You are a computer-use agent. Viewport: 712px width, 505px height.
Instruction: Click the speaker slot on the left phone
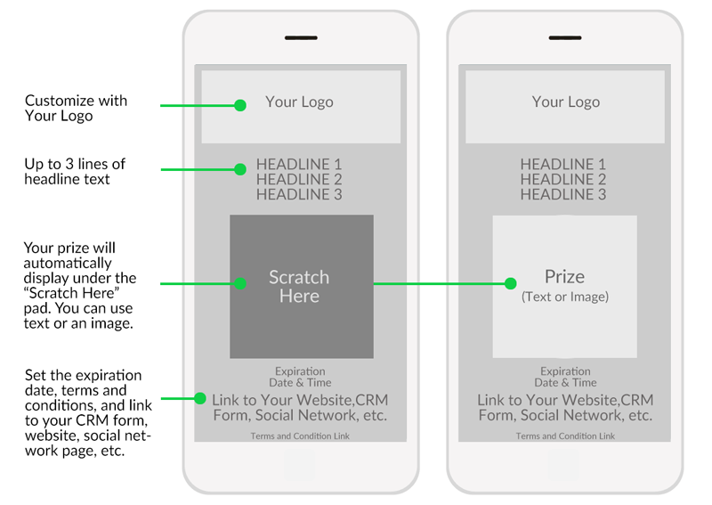click(301, 37)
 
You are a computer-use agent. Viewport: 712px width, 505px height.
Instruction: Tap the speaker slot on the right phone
click(565, 37)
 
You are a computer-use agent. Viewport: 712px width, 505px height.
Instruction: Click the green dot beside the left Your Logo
click(240, 105)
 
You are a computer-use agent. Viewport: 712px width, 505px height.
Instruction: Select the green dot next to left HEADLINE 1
click(240, 169)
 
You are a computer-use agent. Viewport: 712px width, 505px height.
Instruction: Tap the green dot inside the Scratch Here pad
click(240, 283)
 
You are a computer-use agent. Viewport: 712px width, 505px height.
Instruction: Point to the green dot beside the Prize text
click(510, 283)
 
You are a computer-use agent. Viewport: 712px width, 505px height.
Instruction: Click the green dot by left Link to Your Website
click(199, 399)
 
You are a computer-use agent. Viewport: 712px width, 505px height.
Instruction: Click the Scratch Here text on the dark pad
click(299, 287)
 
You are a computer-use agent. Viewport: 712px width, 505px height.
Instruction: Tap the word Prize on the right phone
click(565, 276)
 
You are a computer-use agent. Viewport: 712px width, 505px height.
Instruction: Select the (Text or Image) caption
click(565, 297)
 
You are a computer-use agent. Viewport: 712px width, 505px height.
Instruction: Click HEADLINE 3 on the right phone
click(563, 194)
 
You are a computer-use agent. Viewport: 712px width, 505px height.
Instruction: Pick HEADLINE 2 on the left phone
click(299, 179)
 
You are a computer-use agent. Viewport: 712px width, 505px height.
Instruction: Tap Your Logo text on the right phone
click(566, 102)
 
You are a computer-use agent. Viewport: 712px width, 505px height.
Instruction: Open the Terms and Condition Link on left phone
click(300, 436)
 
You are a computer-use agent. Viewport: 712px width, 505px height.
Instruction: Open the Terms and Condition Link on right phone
click(565, 436)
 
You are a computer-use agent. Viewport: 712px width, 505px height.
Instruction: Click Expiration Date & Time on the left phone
click(300, 377)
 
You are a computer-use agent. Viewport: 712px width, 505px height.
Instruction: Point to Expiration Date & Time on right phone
click(565, 377)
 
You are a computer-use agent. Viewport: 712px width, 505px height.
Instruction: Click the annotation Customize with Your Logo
click(76, 108)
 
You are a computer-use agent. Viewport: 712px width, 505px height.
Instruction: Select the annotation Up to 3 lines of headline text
click(75, 171)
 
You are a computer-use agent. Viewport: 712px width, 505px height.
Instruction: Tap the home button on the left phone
click(300, 465)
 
